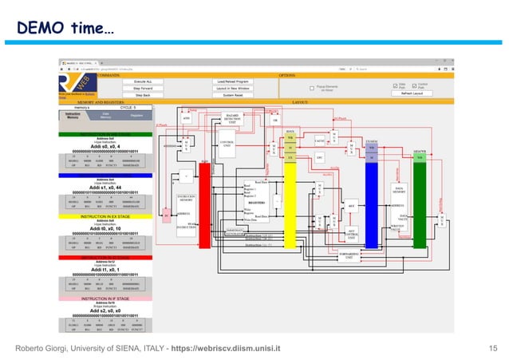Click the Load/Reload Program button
234,81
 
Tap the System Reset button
234,94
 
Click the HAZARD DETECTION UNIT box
232,120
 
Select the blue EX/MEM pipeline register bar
370,200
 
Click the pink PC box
166,215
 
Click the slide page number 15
491,350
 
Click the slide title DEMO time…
66,29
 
